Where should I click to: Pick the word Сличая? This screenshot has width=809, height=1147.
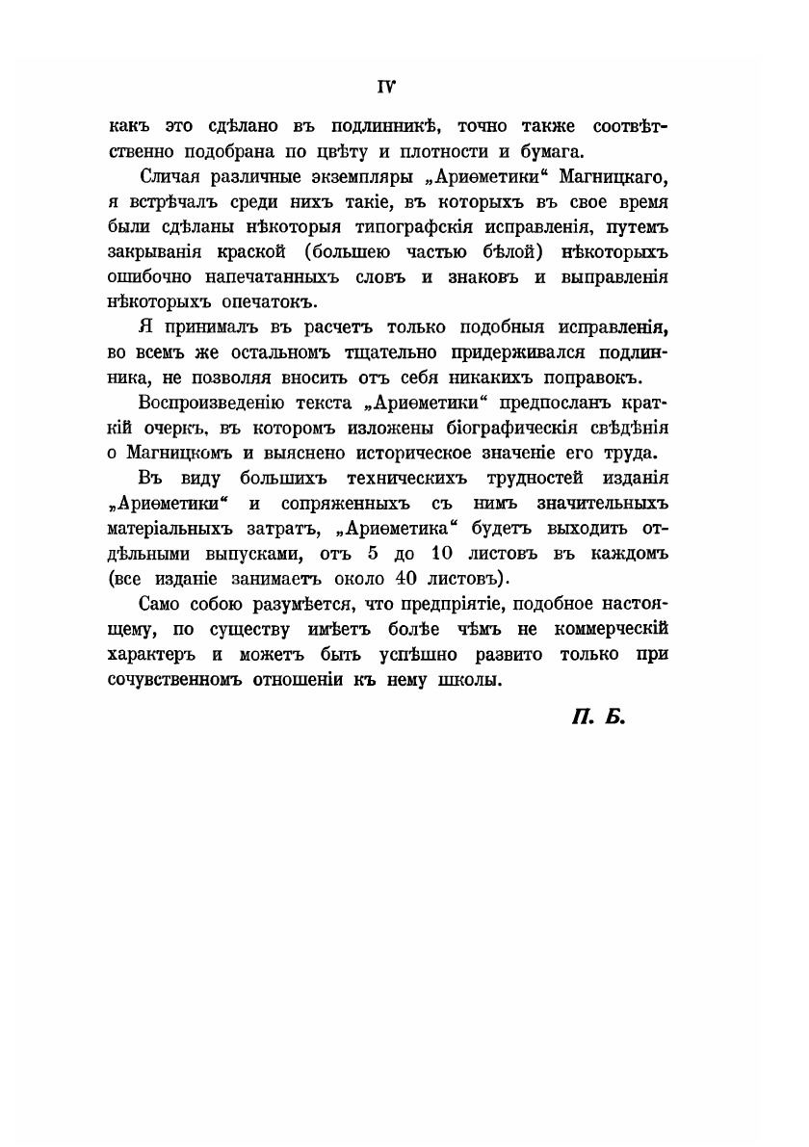[x=170, y=180]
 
